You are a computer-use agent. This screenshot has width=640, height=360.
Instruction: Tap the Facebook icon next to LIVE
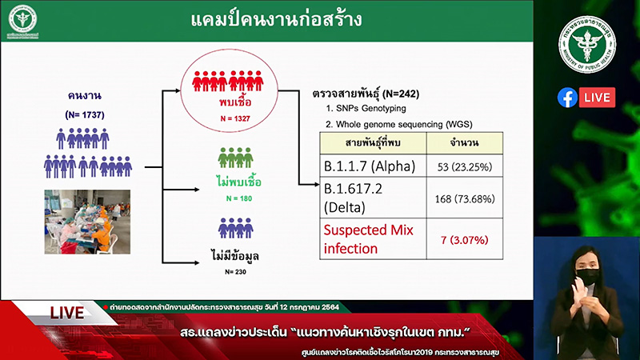(567, 98)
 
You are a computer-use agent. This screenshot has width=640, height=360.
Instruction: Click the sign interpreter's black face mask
(586, 276)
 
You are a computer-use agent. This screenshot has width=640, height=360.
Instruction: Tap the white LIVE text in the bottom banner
(67, 313)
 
